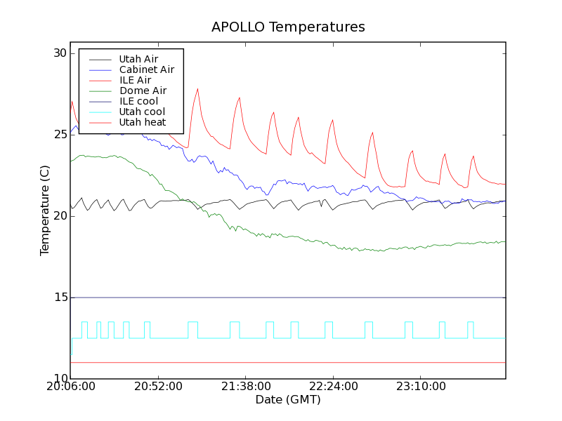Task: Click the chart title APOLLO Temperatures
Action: coord(288,27)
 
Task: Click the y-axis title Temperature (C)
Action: coord(45,210)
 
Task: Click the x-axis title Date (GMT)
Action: coord(288,400)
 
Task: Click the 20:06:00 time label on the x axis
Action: coord(70,387)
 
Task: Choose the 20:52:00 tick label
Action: coord(159,387)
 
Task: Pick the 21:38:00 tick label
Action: coord(246,387)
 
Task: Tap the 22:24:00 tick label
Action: coord(334,387)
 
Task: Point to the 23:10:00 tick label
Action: coord(421,387)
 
